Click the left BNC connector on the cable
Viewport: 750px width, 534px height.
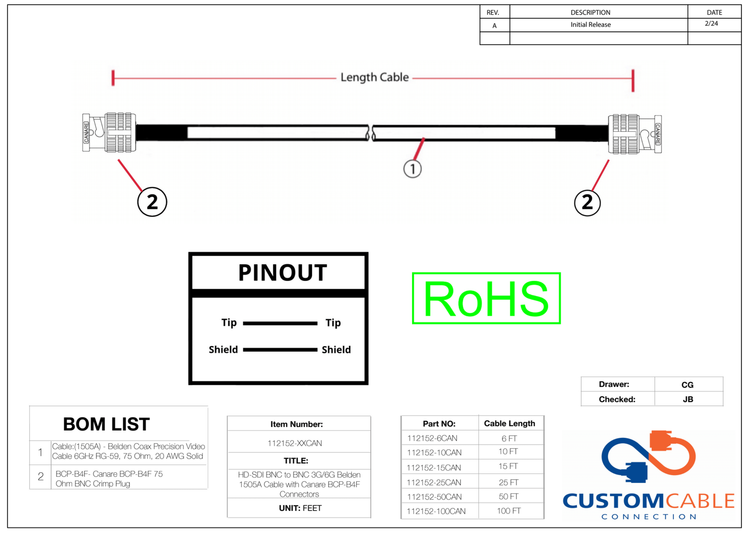tap(109, 132)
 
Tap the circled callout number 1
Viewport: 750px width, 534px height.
tap(412, 169)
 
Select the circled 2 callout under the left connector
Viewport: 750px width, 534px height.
tap(152, 202)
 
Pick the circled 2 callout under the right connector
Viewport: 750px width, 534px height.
tap(587, 203)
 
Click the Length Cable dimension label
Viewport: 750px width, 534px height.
tap(374, 77)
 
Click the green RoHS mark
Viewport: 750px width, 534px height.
tap(486, 298)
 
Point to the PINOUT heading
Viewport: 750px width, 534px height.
tap(283, 273)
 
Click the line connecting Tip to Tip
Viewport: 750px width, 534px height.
tap(280, 323)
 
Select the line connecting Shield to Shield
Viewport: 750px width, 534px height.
tap(280, 350)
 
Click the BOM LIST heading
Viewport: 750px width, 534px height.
tap(106, 424)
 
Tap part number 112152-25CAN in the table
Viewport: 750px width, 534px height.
tap(434, 482)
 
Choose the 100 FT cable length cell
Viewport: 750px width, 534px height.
tap(508, 511)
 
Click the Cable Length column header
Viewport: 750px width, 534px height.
tap(509, 424)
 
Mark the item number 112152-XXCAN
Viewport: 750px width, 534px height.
tap(295, 443)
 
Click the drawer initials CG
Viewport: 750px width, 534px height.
tap(687, 385)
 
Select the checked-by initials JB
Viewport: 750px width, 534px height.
tap(688, 399)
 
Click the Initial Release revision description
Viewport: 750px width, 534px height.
tap(590, 25)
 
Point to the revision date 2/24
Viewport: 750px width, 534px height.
tap(711, 23)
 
